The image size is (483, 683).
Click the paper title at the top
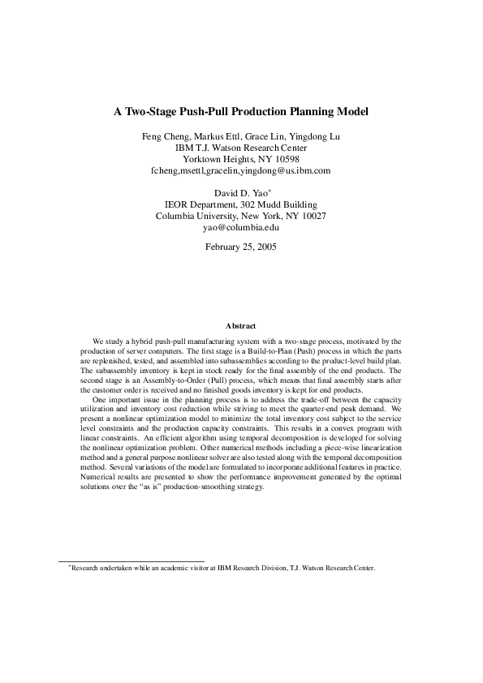(x=241, y=111)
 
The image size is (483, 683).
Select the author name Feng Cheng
(x=164, y=136)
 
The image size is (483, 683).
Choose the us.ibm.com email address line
(x=241, y=171)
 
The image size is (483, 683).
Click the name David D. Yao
(x=239, y=194)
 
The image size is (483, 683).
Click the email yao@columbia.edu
(x=241, y=228)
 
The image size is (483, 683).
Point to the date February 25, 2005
(x=241, y=246)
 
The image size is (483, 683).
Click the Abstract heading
(x=241, y=326)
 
